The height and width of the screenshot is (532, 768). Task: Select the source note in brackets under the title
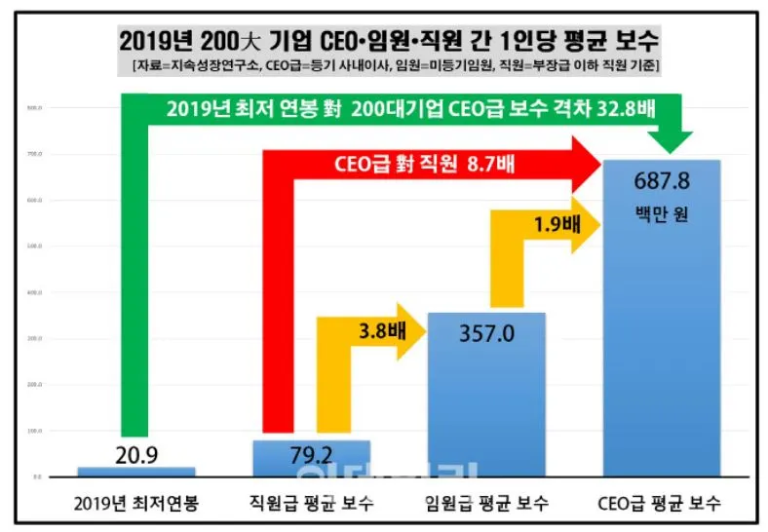coord(395,65)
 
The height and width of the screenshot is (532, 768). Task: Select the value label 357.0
coord(487,335)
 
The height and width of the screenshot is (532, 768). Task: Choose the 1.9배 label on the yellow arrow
coord(556,224)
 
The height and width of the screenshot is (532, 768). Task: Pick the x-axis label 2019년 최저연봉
coord(136,505)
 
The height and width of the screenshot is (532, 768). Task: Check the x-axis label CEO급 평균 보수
coord(663,505)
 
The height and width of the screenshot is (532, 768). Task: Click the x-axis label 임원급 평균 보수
coord(487,505)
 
